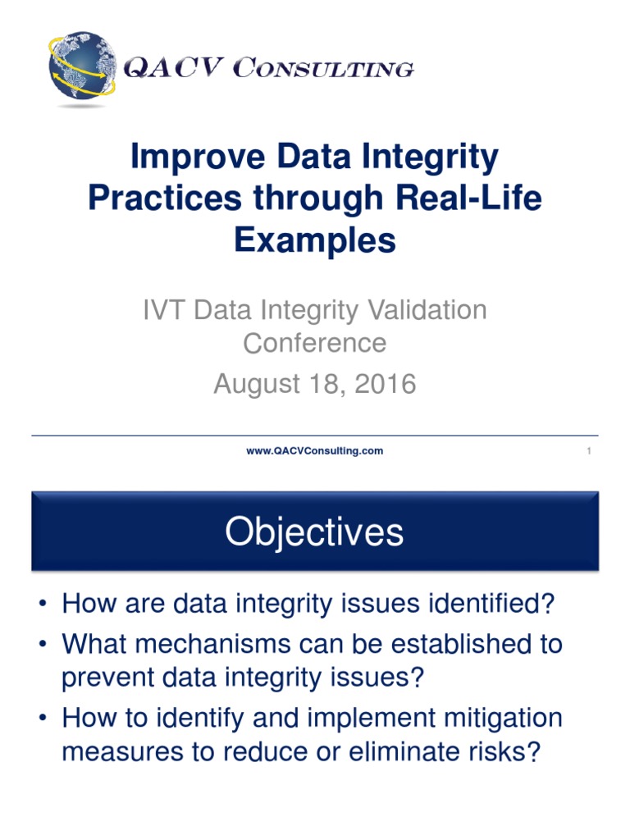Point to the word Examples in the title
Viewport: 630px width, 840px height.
coord(315,240)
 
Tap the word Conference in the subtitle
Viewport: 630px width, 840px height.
coord(315,342)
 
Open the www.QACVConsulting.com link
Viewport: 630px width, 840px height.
coord(315,451)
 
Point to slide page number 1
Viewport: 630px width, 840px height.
coord(589,451)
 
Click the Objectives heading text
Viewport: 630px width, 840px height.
coord(315,532)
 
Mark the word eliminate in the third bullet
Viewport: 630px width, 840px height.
coord(399,752)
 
